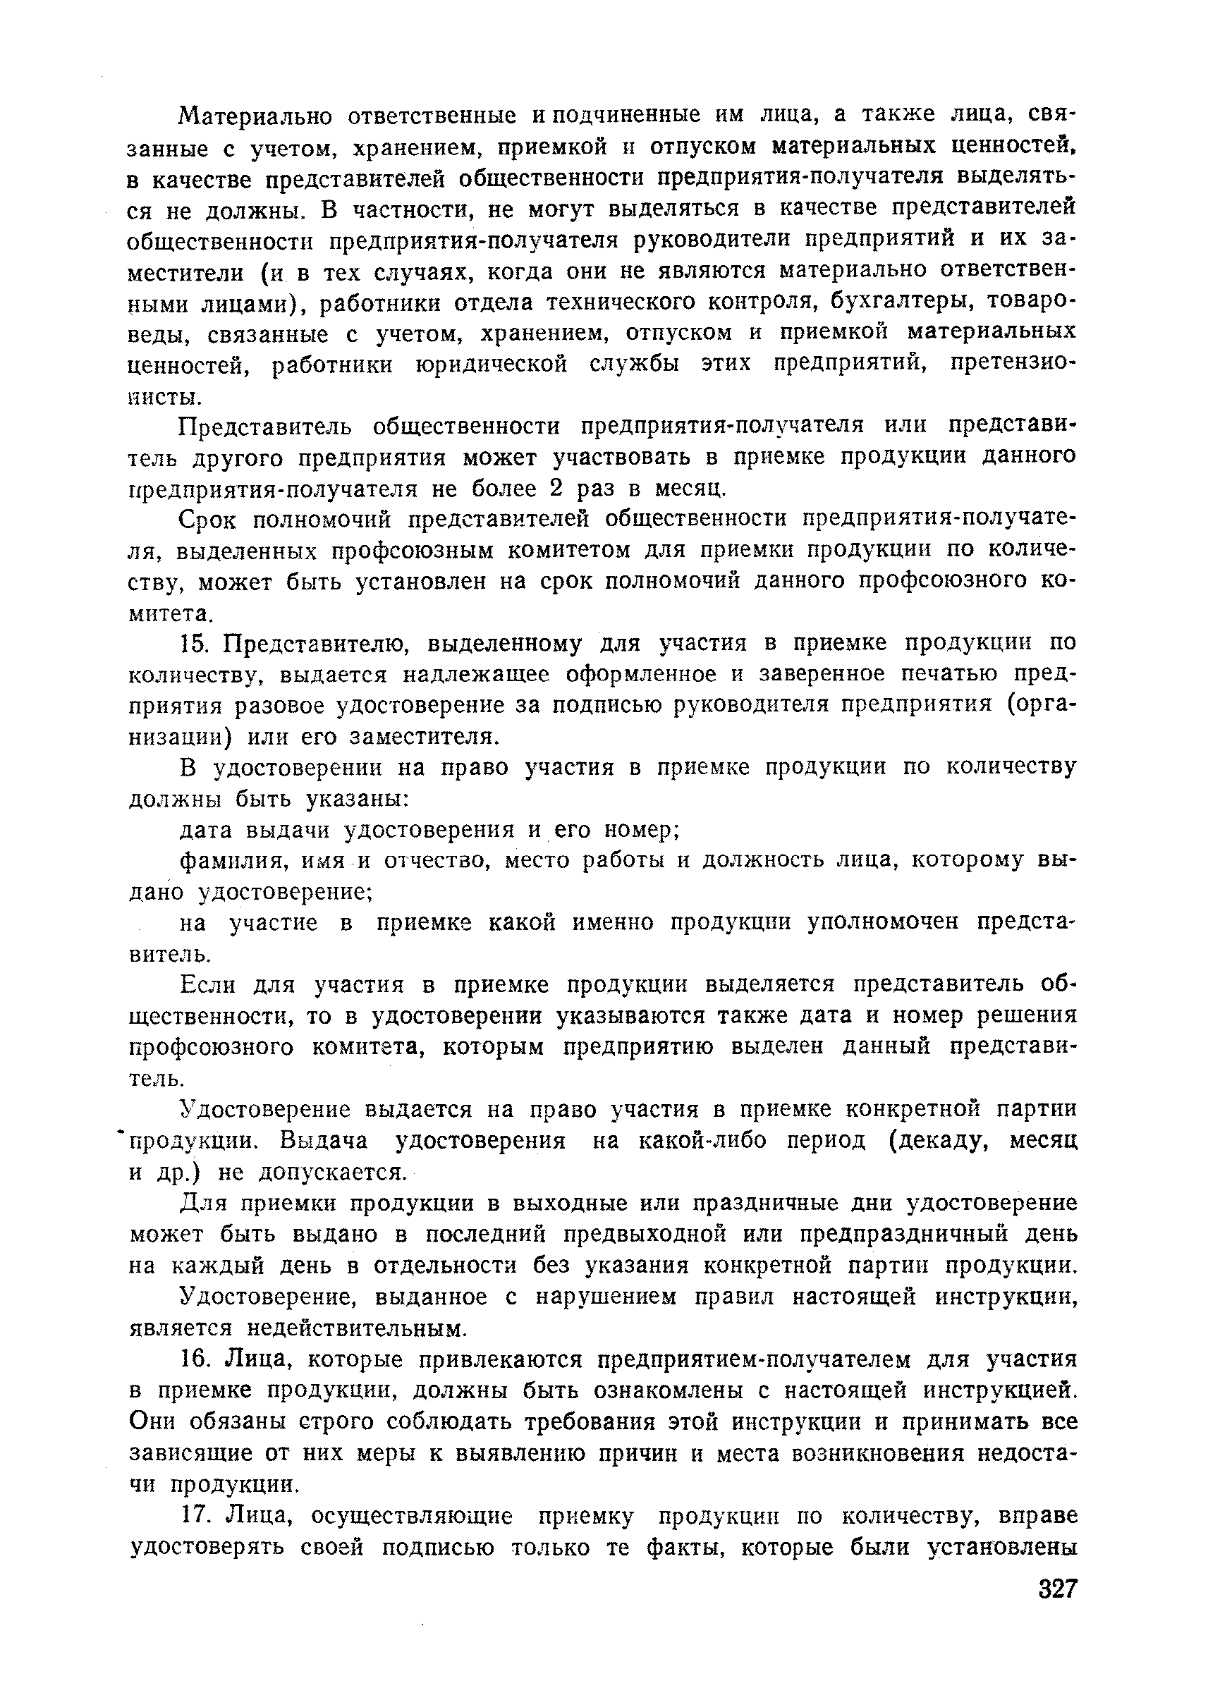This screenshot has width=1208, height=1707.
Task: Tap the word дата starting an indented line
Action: click(206, 829)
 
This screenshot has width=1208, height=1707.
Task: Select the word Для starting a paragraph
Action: click(206, 1204)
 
